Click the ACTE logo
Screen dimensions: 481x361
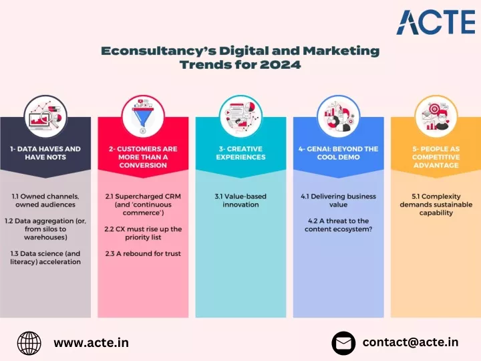[436, 22]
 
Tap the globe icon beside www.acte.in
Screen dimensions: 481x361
[29, 343]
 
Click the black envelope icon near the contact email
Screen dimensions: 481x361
[343, 343]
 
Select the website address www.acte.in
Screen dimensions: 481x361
[91, 342]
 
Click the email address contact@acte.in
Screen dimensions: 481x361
[410, 342]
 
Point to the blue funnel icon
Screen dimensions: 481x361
[143, 116]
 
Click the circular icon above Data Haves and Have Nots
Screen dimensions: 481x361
[45, 116]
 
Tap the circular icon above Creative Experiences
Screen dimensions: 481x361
[240, 116]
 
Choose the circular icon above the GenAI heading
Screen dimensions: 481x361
[338, 116]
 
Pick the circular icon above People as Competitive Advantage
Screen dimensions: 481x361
[436, 116]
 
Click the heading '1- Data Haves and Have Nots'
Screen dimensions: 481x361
[45, 153]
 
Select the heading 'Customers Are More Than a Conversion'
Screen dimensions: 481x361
[143, 157]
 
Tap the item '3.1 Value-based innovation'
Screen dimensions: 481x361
[240, 201]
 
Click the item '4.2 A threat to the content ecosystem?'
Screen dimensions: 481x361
[338, 225]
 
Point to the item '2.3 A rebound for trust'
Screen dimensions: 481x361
[143, 253]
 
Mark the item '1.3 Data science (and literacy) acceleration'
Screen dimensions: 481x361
[45, 257]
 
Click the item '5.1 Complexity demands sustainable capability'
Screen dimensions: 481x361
[436, 205]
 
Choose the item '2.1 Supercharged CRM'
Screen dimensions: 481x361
[143, 196]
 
